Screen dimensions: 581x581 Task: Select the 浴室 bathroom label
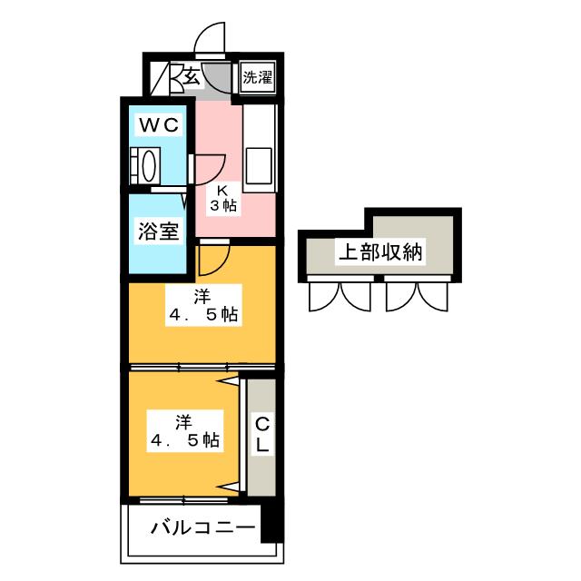(x=158, y=230)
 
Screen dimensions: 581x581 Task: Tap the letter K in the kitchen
(x=222, y=191)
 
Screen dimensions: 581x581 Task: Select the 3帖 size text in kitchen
(x=223, y=207)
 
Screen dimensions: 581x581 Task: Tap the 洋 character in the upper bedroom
(x=201, y=297)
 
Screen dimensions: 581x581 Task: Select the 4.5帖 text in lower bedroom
(x=184, y=440)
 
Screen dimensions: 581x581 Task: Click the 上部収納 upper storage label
(x=380, y=252)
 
